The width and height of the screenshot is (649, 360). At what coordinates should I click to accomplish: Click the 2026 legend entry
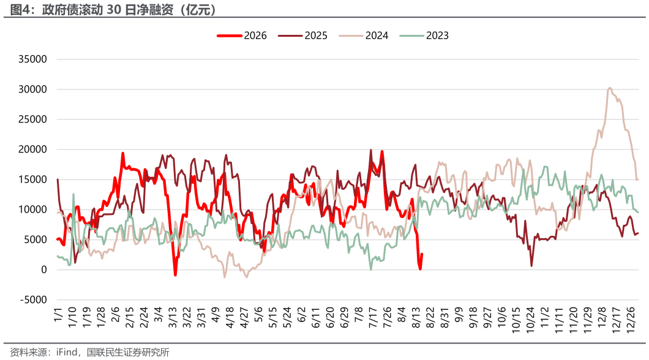242,36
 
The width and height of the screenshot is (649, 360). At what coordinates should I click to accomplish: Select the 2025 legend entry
302,36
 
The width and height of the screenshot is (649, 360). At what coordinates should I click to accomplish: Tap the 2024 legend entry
364,36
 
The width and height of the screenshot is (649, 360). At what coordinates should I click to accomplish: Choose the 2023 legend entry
424,36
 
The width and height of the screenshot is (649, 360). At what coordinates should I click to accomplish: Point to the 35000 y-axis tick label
32,59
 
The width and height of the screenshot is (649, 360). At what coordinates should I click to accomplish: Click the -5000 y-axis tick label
34,299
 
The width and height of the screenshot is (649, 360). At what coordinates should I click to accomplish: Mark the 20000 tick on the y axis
32,149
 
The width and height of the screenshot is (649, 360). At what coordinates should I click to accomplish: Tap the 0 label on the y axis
44,270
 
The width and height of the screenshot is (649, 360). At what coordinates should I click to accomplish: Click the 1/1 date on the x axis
58,315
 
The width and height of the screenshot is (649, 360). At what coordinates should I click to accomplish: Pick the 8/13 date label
416,318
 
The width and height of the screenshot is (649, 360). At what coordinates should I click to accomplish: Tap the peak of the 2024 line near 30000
609,88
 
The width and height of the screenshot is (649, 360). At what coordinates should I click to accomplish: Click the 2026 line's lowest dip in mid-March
176,275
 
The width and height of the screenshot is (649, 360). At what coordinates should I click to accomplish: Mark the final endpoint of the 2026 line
422,254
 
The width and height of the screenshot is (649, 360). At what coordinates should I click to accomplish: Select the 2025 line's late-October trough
531,266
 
